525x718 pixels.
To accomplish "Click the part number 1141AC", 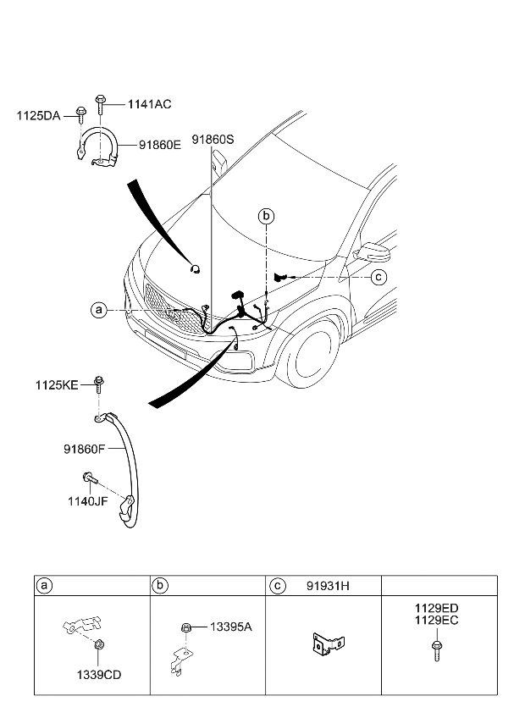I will [149, 104].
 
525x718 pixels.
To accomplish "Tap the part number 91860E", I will [154, 145].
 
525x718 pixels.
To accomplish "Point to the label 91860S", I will [212, 138].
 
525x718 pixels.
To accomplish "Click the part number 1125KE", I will [58, 384].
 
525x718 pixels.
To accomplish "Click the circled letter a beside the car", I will [99, 311].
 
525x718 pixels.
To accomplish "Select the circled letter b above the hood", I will [266, 217].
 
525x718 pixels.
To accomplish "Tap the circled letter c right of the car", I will [379, 276].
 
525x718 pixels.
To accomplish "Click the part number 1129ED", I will [437, 608].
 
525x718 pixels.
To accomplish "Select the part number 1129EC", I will [437, 620].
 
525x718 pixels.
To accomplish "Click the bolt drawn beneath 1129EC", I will [436, 650].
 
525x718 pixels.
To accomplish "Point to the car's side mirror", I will [372, 252].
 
